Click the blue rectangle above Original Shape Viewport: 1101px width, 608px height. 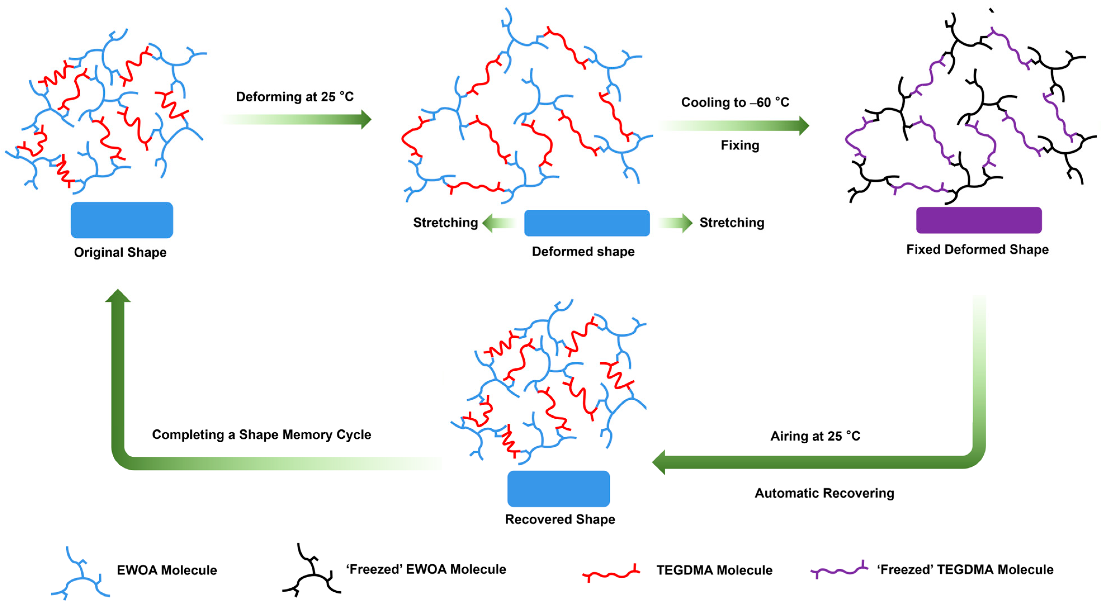pyautogui.click(x=122, y=220)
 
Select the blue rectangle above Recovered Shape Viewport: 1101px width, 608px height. pyautogui.click(x=558, y=489)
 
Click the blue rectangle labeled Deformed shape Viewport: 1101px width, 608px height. pyautogui.click(x=587, y=223)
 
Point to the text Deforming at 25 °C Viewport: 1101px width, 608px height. pyautogui.click(x=295, y=97)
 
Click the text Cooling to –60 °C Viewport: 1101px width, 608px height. pyautogui.click(x=735, y=102)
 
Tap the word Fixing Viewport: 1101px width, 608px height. pyautogui.click(x=740, y=145)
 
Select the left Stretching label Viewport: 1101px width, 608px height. pyautogui.click(x=445, y=222)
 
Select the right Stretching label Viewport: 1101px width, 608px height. pyautogui.click(x=732, y=222)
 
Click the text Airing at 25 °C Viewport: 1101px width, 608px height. pyautogui.click(x=815, y=436)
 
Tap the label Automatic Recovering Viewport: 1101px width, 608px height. pyautogui.click(x=824, y=493)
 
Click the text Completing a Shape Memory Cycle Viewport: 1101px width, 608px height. pyautogui.click(x=262, y=434)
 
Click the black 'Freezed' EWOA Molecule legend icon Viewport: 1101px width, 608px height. pyautogui.click(x=312, y=571)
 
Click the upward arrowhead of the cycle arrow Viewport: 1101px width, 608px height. pyautogui.click(x=118, y=296)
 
